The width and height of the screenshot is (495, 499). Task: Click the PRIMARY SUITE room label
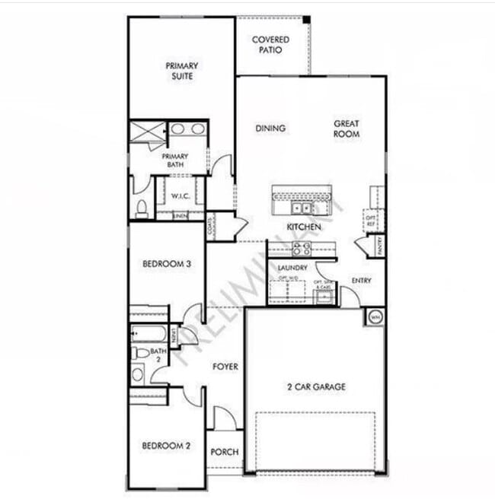[x=182, y=71]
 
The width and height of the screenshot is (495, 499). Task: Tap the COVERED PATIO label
[x=270, y=44]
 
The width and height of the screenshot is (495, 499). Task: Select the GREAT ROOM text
[x=346, y=129]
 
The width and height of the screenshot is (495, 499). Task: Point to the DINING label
[x=270, y=129]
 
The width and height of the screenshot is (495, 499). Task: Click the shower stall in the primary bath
[x=147, y=131]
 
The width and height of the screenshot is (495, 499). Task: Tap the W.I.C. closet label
[x=180, y=196]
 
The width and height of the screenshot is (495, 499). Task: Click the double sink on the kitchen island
[x=302, y=208]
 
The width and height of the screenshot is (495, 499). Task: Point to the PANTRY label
[x=378, y=246]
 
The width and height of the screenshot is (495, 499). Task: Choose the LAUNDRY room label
[x=292, y=269]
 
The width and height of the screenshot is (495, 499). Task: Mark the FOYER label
[x=225, y=367]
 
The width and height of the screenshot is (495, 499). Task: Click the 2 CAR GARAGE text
[x=316, y=387]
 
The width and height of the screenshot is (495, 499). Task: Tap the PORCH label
[x=225, y=452]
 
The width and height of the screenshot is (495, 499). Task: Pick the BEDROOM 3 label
[x=165, y=264]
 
